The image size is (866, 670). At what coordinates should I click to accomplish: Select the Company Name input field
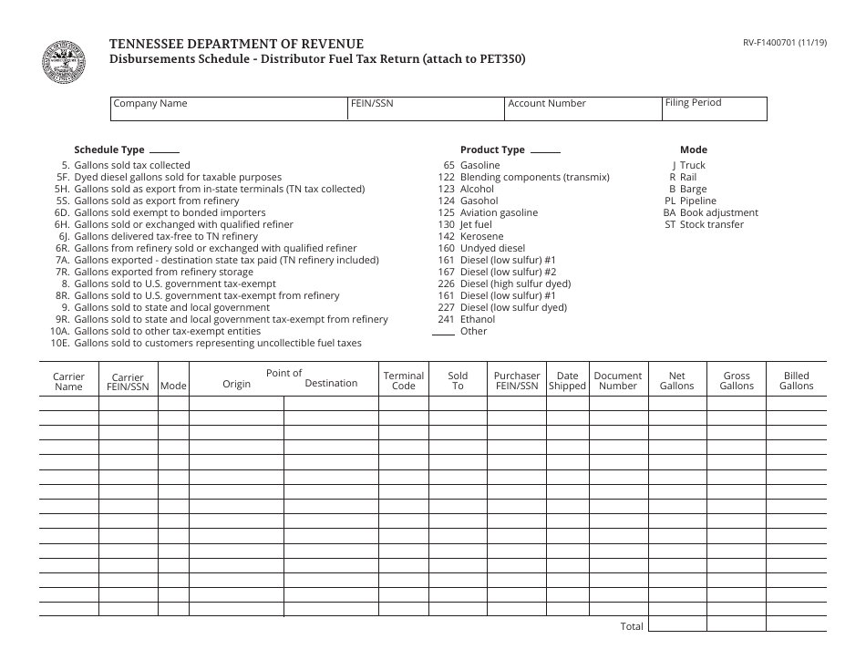coord(229,108)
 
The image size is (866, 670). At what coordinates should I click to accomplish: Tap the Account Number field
coord(582,108)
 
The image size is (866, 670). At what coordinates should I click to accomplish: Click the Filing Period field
coord(715,108)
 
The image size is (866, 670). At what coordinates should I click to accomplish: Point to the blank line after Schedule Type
coord(164,151)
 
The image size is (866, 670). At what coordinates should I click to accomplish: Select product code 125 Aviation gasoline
coord(488,212)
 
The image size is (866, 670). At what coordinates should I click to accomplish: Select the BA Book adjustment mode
coord(711,212)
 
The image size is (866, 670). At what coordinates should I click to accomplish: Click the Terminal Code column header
coord(403,380)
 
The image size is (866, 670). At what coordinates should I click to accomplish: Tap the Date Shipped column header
coord(567,380)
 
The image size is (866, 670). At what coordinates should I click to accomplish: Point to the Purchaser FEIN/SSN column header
coord(517,380)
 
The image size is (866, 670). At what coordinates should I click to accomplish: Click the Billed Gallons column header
coord(796,380)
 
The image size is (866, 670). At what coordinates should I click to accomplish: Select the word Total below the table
coord(632,626)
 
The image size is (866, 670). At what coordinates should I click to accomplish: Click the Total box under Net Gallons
coord(677,624)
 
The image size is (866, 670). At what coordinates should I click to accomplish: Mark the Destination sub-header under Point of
coord(331,383)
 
